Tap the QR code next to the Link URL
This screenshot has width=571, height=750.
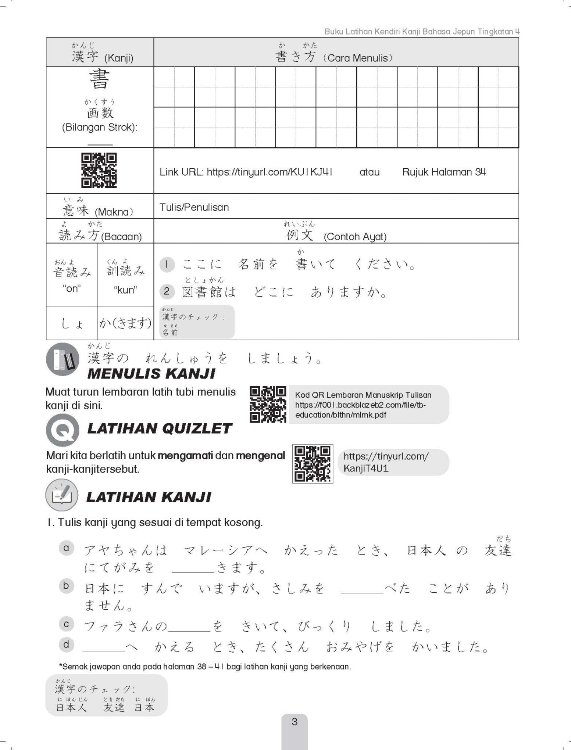pos(99,170)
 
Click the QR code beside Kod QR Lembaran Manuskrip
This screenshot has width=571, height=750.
pos(268,404)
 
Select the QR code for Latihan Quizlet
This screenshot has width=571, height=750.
pos(313,463)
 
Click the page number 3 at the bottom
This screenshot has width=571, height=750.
pos(294,721)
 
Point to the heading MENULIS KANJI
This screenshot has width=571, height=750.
pos(151,374)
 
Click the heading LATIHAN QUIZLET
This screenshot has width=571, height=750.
pos(159,428)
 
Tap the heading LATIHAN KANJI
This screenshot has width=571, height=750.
pos(149,497)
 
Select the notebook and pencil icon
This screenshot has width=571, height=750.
pos(62,495)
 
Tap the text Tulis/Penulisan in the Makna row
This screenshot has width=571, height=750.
pos(194,207)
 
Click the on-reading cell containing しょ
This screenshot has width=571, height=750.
pos(72,324)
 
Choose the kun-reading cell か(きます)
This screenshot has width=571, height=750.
pos(125,323)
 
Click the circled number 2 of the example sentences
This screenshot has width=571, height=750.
pos(166,291)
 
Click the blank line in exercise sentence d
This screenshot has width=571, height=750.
pos(104,651)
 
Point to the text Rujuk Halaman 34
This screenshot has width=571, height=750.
pos(444,172)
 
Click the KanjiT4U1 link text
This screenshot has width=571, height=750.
pos(366,468)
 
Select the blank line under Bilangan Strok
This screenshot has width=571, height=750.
pos(100,143)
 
